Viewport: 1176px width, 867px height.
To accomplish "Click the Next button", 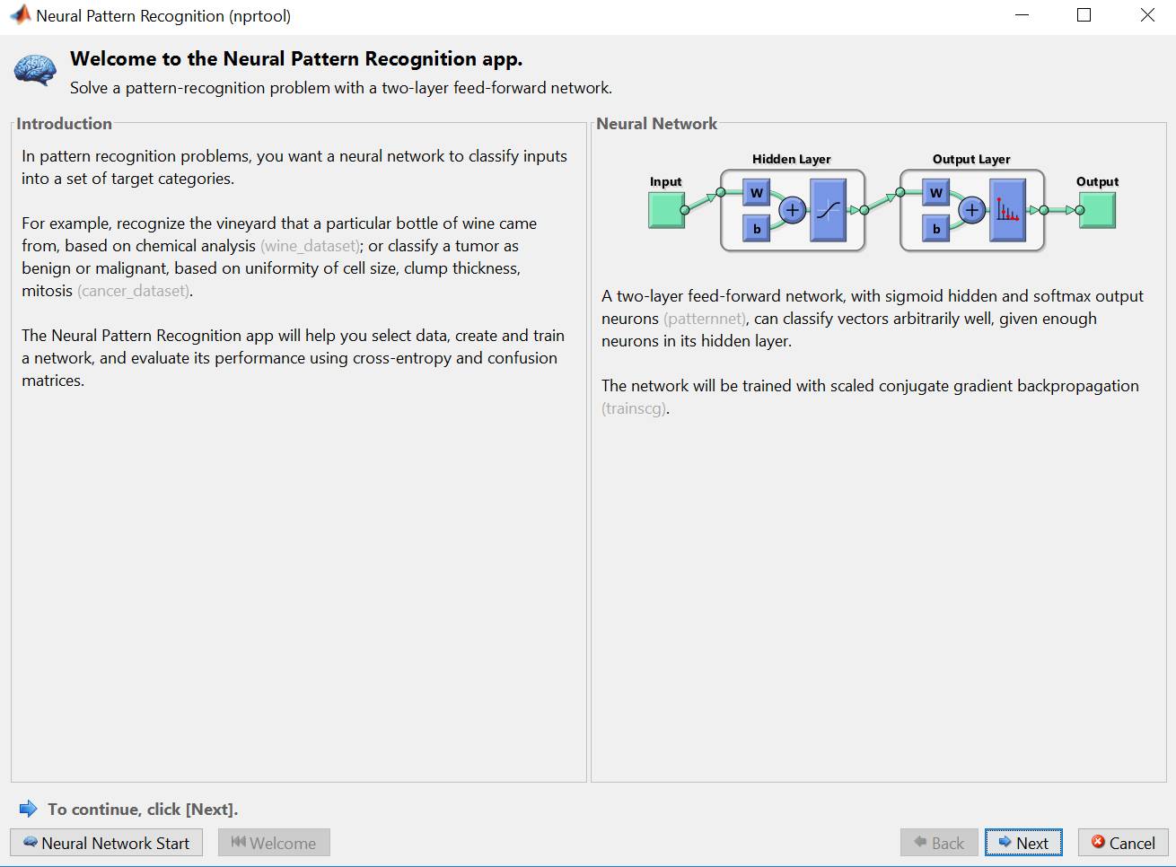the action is (1023, 843).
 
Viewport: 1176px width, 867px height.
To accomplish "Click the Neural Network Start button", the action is (107, 843).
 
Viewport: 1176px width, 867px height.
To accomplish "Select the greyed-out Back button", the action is (939, 843).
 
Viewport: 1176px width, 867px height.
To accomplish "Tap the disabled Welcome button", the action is (274, 843).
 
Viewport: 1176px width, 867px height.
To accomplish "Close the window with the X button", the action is (1147, 15).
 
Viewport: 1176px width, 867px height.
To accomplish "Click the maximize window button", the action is (1084, 15).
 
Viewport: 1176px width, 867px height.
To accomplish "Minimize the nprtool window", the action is (1022, 15).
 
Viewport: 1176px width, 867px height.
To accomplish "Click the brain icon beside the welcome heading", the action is (35, 70).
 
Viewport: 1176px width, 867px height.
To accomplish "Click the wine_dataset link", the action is (310, 246).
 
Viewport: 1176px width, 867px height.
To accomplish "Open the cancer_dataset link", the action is (134, 291).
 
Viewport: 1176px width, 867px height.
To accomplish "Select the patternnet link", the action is (705, 319).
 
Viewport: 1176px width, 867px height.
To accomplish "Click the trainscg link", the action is (634, 408).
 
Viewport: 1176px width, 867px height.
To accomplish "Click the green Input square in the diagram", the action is (666, 210).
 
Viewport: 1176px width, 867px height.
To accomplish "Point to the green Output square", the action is (1097, 210).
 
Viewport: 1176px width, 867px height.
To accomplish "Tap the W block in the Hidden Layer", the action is (756, 193).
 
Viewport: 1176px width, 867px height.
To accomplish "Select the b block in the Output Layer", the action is (935, 228).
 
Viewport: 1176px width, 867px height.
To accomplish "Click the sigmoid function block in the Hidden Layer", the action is (828, 210).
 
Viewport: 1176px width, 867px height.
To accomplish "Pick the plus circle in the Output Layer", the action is (972, 210).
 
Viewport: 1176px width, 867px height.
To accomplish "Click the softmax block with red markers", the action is (1007, 210).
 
